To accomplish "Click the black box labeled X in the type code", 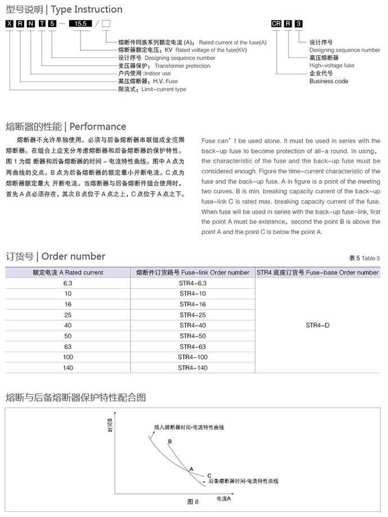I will tap(9, 24).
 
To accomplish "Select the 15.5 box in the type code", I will tap(79, 24).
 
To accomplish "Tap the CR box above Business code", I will tap(276, 24).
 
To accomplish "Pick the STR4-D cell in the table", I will tap(318, 325).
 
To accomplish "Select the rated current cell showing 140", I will tap(68, 367).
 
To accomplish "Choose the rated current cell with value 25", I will tap(68, 314).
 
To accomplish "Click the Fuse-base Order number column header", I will tap(318, 272).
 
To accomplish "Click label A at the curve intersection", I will tap(191, 468).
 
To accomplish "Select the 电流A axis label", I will tap(224, 498).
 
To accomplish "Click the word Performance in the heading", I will tap(98, 126).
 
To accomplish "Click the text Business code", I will tap(329, 81).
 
